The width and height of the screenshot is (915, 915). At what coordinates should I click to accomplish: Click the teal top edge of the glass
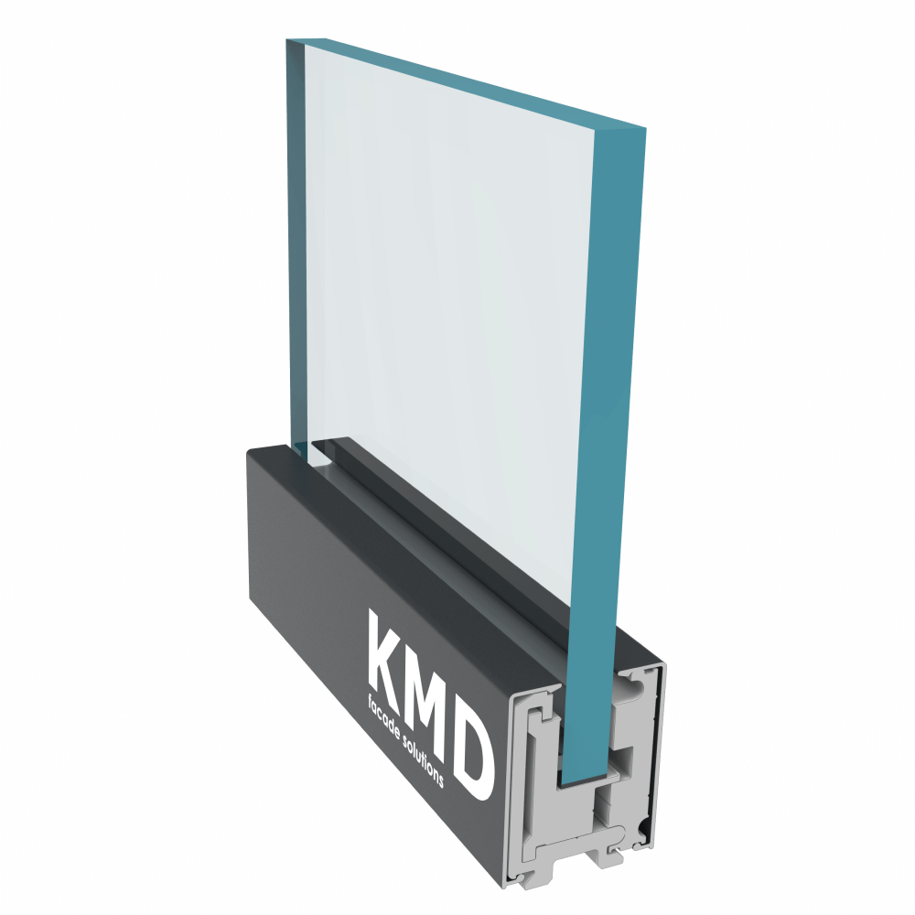pyautogui.click(x=467, y=81)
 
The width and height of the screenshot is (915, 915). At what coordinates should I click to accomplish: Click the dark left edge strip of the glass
pyautogui.click(x=296, y=245)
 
